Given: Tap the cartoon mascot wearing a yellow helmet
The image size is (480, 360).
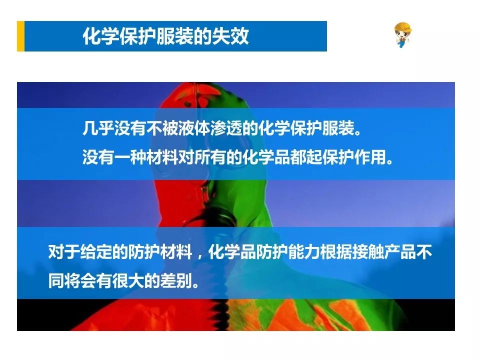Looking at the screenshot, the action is pos(402,35).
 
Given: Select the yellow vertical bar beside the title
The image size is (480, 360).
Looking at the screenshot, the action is pos(20,36).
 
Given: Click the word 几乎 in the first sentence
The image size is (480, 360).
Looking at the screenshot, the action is pos(98,128).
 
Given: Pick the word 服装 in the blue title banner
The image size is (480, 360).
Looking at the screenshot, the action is pos(175,36).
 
